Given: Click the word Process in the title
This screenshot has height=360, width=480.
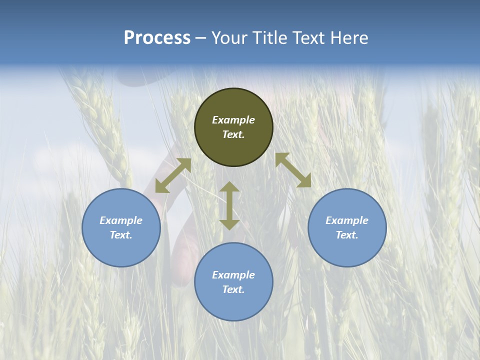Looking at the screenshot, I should tap(157, 38).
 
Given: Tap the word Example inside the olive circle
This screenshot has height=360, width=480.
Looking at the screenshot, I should tap(233, 120).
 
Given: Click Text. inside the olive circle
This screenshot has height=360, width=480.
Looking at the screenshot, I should tap(233, 134).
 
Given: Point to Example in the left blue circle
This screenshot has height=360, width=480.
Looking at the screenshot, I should tap(121, 220).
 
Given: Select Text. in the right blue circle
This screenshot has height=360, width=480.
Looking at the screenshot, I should tap(347, 235).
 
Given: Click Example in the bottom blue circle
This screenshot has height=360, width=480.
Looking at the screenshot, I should tap(233, 275).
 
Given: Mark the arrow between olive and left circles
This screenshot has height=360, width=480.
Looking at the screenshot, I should tap(173, 175).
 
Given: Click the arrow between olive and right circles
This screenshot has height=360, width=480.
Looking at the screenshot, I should tap(293, 170).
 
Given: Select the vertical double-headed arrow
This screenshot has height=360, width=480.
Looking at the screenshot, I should tap(229, 205).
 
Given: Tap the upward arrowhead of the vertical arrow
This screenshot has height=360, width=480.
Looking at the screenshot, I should tap(229, 186).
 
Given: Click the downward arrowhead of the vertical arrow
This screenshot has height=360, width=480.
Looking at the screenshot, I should tap(229, 224).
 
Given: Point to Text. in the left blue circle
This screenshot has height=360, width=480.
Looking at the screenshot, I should tap(121, 235).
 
